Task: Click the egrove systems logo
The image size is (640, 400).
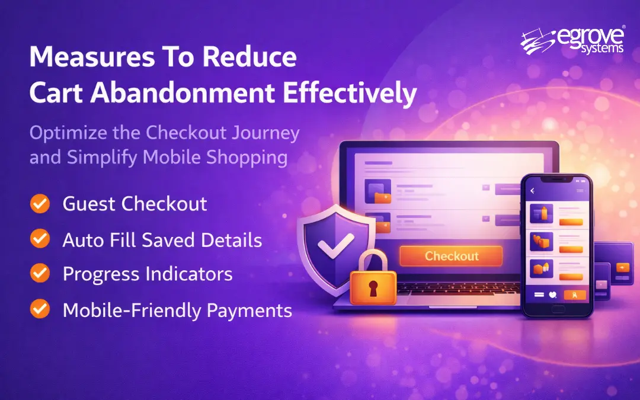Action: click(572, 41)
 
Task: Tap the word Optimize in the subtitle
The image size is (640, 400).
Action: click(66, 133)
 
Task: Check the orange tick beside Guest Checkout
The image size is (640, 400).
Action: click(40, 204)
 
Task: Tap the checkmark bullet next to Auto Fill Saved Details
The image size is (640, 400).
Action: click(40, 239)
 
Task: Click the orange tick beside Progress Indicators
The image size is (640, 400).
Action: click(40, 273)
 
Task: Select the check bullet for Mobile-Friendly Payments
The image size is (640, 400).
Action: click(40, 309)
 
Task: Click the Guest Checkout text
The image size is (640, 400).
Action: click(135, 204)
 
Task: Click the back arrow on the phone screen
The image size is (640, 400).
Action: click(532, 191)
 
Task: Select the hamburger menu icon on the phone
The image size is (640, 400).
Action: click(580, 191)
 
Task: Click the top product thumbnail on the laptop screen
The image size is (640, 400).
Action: click(377, 191)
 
